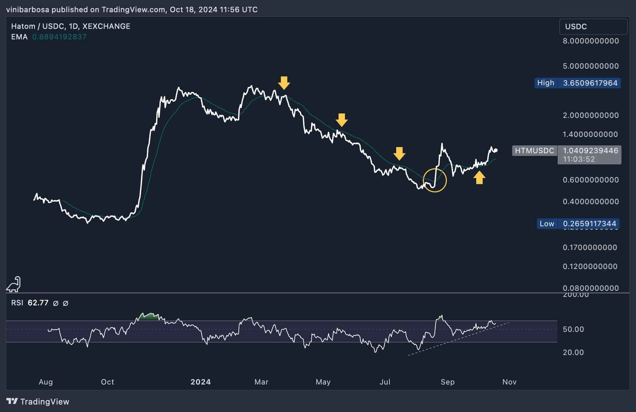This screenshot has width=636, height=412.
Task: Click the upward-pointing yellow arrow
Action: (479, 177)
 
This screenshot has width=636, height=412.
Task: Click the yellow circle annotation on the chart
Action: (435, 180)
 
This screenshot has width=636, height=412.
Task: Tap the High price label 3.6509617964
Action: (590, 83)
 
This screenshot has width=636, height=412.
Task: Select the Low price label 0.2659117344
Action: (589, 223)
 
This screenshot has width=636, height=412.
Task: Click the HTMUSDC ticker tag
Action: (534, 150)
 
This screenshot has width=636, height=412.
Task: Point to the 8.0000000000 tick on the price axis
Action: (591, 41)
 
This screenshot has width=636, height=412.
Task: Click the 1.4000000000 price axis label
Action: (590, 134)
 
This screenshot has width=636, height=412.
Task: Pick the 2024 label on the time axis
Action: (200, 382)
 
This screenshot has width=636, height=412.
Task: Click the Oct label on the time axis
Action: (108, 382)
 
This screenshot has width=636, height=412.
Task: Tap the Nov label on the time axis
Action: (509, 382)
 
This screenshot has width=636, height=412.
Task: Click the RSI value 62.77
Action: (38, 303)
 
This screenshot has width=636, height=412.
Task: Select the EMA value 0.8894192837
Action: (59, 37)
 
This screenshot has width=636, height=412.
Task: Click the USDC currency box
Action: (593, 26)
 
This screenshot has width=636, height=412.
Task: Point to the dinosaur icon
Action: (14, 284)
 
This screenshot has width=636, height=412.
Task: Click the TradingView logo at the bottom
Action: (38, 401)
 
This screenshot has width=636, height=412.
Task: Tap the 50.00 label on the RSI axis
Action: (573, 329)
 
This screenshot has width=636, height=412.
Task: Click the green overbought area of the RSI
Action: (149, 317)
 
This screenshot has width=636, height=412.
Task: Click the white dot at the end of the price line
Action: (496, 150)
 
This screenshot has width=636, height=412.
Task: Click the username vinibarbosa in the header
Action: (27, 10)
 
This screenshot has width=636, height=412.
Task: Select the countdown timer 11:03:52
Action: (579, 159)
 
